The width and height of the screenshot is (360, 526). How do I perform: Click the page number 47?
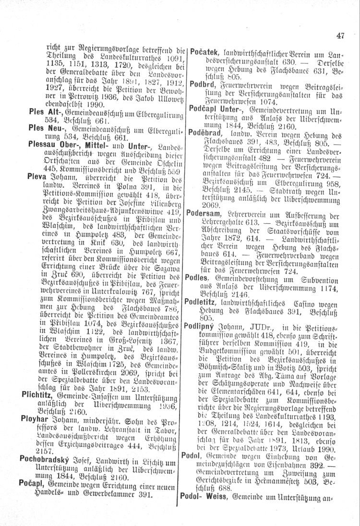(341, 35)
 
